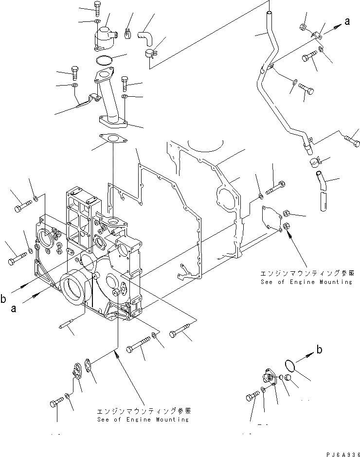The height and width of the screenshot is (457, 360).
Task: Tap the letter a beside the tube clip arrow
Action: (x=347, y=21)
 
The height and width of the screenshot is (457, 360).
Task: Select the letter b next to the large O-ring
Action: (x=319, y=349)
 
